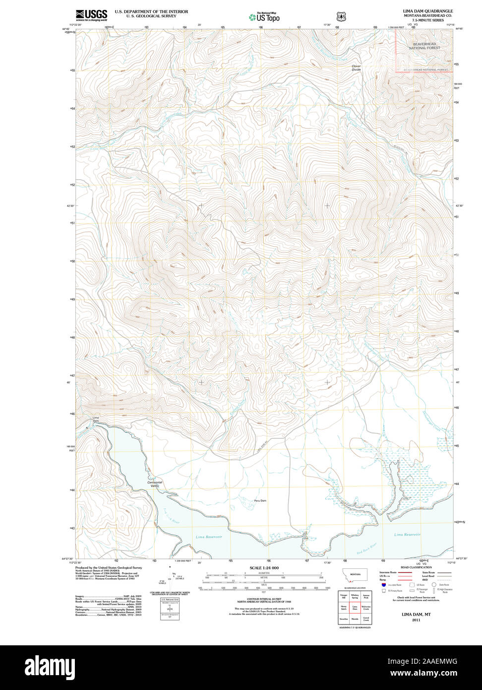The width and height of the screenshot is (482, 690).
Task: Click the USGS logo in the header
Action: click(x=91, y=15)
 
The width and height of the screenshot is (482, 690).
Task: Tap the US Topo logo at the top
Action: click(x=264, y=17)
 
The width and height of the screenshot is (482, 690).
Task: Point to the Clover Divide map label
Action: click(x=356, y=68)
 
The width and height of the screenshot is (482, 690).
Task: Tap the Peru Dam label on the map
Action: click(x=260, y=500)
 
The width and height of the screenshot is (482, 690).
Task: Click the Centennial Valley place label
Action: click(x=155, y=484)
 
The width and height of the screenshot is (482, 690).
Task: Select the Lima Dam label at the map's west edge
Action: click(x=96, y=419)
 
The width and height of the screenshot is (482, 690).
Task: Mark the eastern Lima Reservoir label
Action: click(x=407, y=534)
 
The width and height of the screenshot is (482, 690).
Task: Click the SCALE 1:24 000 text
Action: click(x=264, y=567)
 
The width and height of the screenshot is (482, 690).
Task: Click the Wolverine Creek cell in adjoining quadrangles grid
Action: click(x=366, y=607)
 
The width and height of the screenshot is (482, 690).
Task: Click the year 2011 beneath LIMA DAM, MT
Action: click(x=416, y=620)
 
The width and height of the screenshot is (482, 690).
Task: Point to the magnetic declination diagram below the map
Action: click(x=173, y=580)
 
